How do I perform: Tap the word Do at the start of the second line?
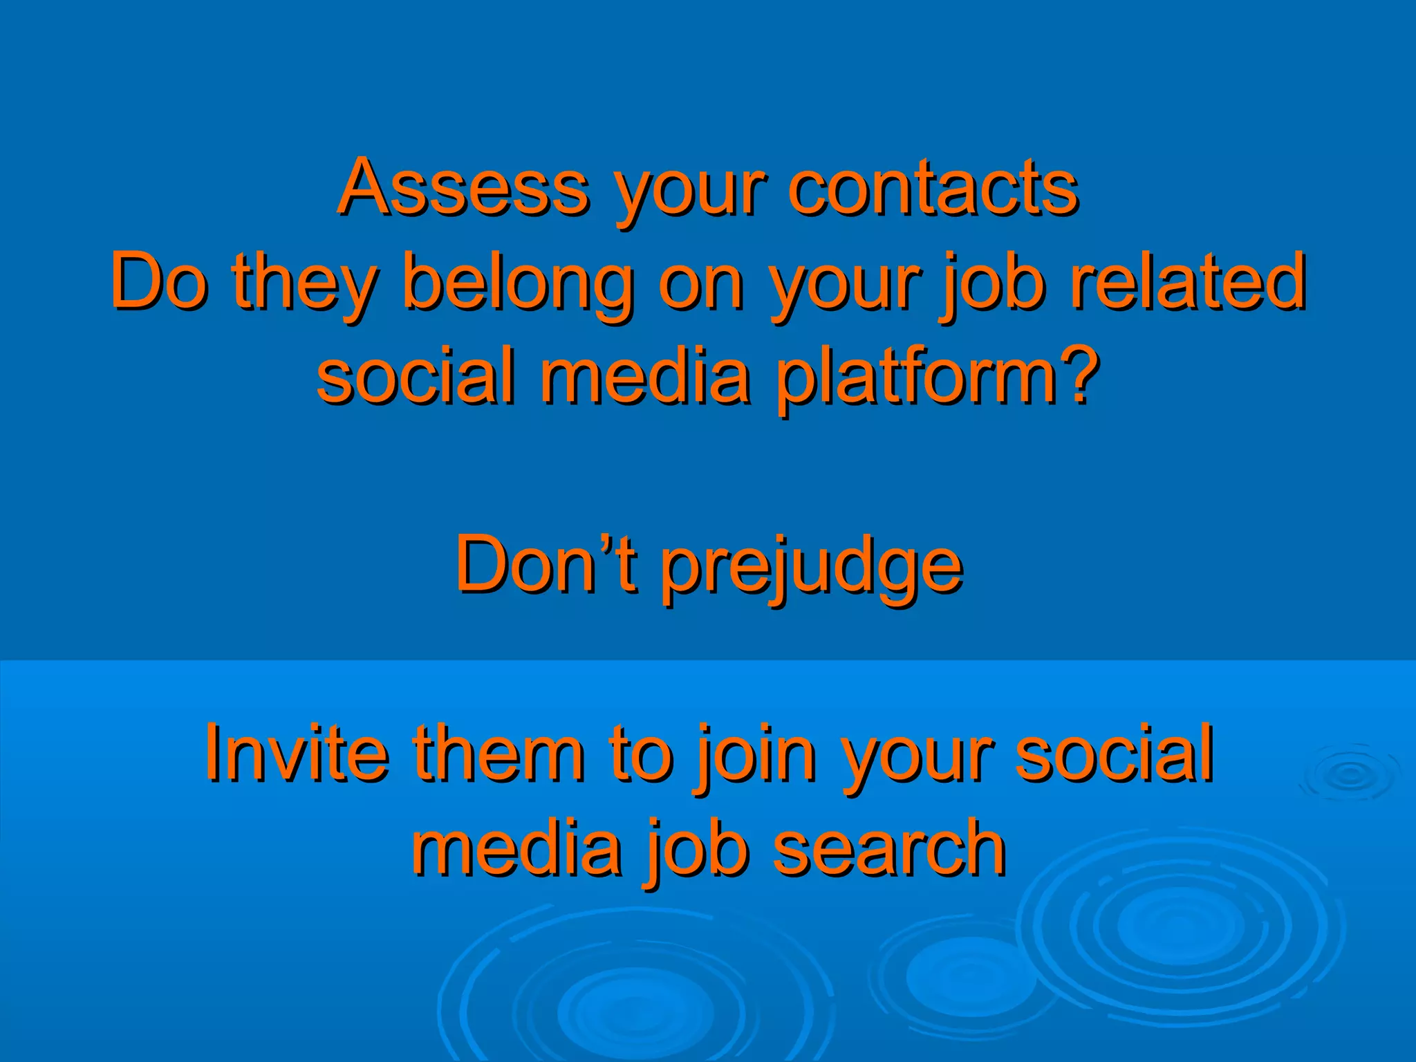[158, 281]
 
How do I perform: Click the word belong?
[519, 281]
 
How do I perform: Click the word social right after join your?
[1114, 752]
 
